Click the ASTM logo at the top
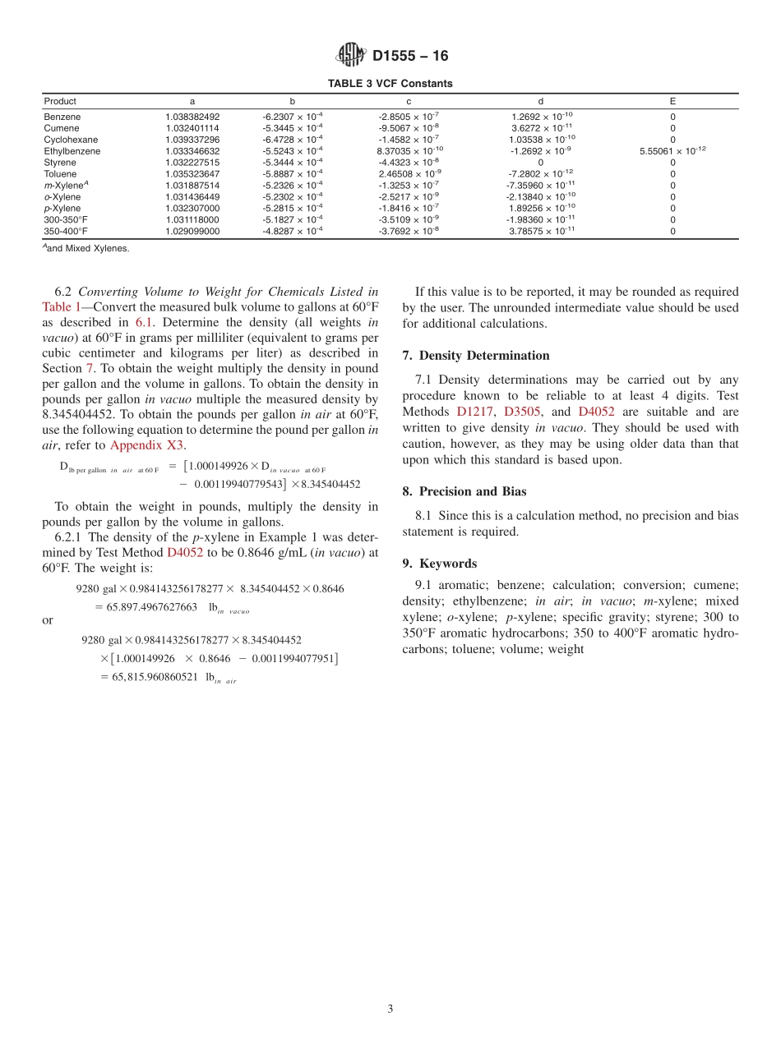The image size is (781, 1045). point(351,55)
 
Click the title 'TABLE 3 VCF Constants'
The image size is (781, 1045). point(390,84)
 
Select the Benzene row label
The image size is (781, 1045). point(62,117)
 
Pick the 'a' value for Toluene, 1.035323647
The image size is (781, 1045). point(192,174)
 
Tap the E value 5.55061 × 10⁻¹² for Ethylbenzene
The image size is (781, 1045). point(672,151)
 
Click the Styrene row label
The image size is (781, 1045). point(60,163)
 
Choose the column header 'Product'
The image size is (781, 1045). point(60,101)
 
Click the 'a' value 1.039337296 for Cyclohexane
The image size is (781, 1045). point(192,140)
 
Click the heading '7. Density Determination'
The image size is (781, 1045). point(476,356)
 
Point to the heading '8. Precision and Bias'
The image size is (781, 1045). point(464,491)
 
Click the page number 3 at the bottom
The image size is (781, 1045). point(390,1009)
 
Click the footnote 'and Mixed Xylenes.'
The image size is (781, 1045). point(88,248)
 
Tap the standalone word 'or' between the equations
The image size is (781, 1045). point(48,620)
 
